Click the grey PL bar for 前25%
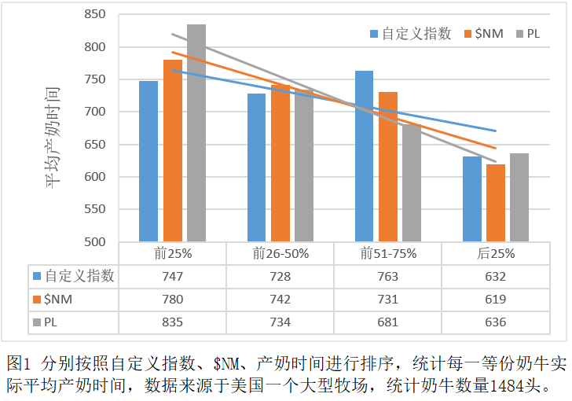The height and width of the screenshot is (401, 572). (196, 134)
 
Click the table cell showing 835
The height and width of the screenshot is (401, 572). (172, 322)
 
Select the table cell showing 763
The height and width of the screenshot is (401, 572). (387, 277)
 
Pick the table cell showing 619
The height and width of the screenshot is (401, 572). (495, 300)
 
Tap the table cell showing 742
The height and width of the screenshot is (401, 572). (280, 300)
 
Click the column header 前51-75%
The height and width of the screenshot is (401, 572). (387, 254)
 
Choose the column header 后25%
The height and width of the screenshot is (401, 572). (495, 254)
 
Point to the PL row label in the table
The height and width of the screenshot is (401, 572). (50, 322)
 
